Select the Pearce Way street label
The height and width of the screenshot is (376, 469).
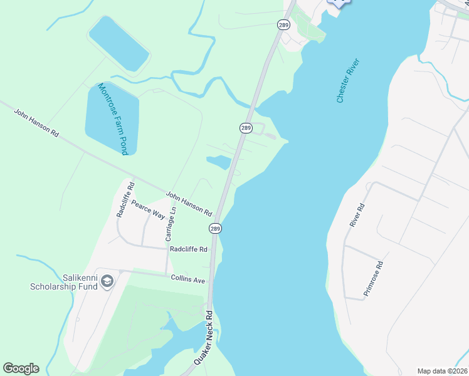(x=148, y=210)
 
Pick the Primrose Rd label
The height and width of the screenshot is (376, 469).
(x=373, y=278)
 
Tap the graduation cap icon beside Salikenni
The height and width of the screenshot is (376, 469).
(x=107, y=281)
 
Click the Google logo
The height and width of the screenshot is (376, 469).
(x=21, y=368)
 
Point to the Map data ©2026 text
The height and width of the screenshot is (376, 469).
(x=442, y=371)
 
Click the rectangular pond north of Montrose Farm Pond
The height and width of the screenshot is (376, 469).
(x=119, y=43)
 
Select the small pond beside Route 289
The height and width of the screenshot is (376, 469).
(x=219, y=162)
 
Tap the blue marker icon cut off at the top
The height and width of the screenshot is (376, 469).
(x=339, y=3)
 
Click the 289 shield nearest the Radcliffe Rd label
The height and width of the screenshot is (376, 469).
(x=215, y=229)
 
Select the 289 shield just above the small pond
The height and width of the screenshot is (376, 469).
(x=246, y=128)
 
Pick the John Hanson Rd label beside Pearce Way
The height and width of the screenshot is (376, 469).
(x=190, y=204)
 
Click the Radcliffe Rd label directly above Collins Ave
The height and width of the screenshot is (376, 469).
(x=188, y=249)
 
